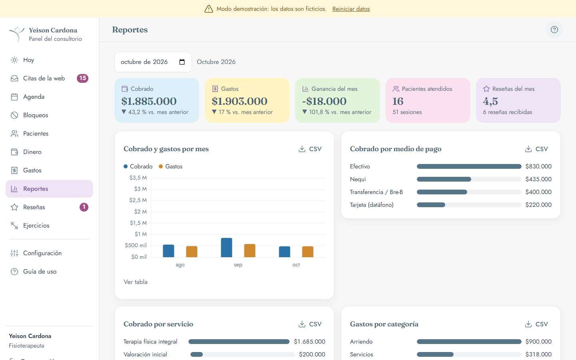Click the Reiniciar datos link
click(x=351, y=9)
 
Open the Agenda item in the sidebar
click(x=34, y=97)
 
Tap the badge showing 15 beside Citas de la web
click(x=82, y=78)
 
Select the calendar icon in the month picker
click(x=182, y=62)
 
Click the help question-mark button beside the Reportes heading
click(x=554, y=30)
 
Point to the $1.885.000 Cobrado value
click(x=149, y=101)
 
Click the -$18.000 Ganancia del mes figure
click(x=324, y=101)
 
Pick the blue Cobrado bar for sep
click(x=226, y=247)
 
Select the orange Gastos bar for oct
click(x=308, y=252)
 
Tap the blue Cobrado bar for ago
click(x=168, y=251)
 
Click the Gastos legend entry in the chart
click(x=171, y=166)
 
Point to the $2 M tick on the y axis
click(x=140, y=212)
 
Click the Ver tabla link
click(x=136, y=282)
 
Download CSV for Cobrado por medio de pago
click(x=536, y=149)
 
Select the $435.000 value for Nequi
click(x=538, y=179)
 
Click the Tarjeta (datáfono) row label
click(x=372, y=205)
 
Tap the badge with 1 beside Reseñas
click(x=84, y=207)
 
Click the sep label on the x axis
click(x=238, y=265)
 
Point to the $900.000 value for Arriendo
click(x=538, y=342)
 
